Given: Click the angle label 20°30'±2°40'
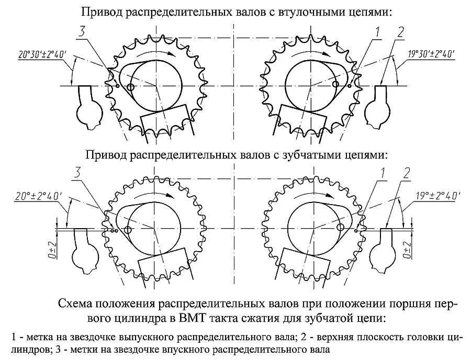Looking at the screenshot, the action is (x=42, y=54).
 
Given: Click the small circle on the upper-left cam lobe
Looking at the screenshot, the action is (x=130, y=87).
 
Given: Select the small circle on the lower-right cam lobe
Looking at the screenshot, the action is (x=341, y=227).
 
